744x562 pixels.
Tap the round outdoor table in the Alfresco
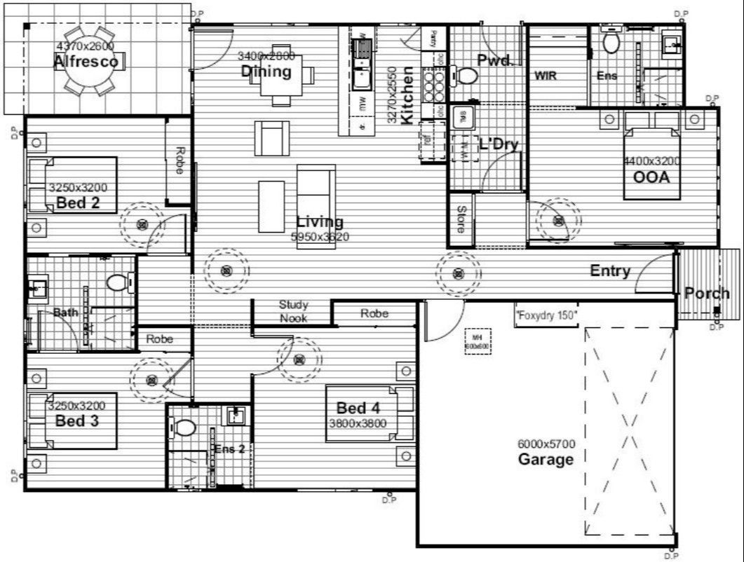(x=90, y=60)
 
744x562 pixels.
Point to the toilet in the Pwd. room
(x=466, y=74)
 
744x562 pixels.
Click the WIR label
(x=546, y=76)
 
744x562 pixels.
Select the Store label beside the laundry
(x=461, y=219)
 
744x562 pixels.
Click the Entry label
(x=609, y=271)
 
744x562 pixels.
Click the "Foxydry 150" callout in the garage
(x=546, y=315)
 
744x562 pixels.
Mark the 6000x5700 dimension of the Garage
(x=546, y=444)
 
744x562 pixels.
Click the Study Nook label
(x=293, y=311)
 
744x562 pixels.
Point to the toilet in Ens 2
(x=185, y=427)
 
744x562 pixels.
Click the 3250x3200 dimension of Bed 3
(x=76, y=406)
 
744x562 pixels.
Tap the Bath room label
(x=66, y=313)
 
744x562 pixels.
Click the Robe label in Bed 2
(x=180, y=160)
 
